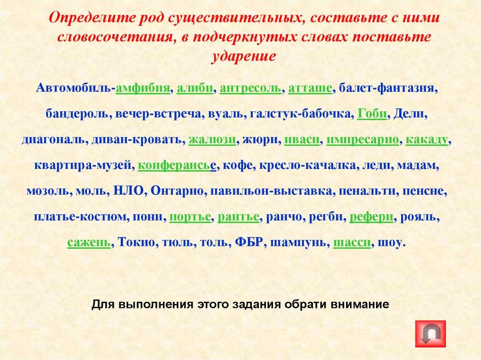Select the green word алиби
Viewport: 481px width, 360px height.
click(x=194, y=88)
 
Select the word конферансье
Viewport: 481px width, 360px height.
click(x=177, y=166)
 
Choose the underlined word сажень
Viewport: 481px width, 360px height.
click(x=89, y=243)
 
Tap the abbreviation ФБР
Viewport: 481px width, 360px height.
click(x=248, y=243)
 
